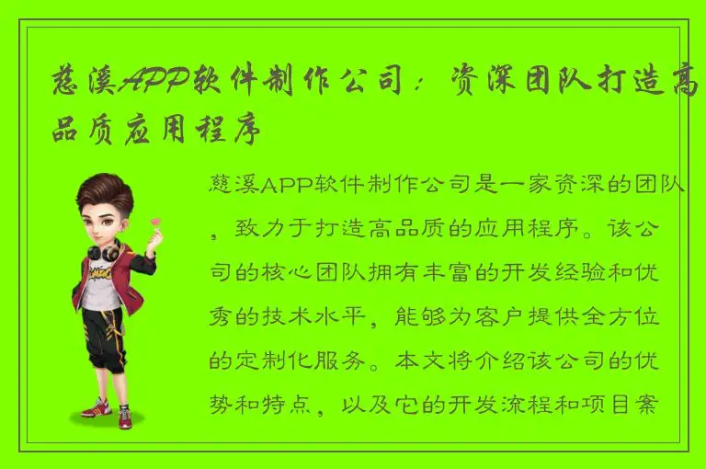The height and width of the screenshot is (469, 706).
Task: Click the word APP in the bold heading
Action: pyautogui.click(x=154, y=85)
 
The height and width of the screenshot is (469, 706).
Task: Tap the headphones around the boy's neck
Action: pyautogui.click(x=103, y=250)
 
